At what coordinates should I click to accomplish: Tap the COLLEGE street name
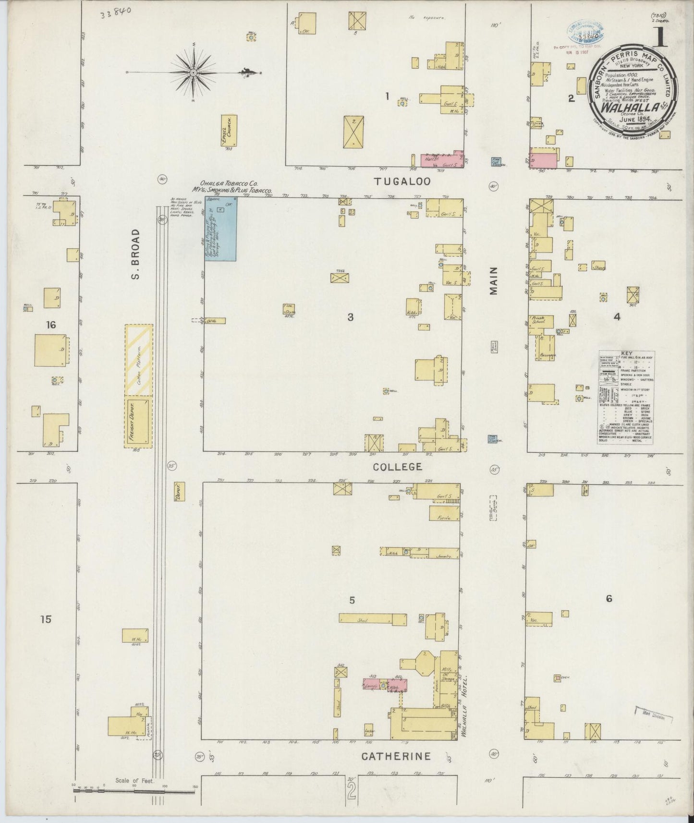(x=398, y=466)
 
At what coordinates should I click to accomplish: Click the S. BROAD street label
(x=136, y=254)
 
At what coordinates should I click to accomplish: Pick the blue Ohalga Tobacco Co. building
(x=220, y=229)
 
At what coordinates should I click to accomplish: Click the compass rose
(x=193, y=73)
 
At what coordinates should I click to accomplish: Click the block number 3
(x=351, y=317)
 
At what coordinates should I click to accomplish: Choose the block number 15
(x=46, y=619)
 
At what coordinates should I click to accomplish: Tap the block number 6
(x=609, y=598)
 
